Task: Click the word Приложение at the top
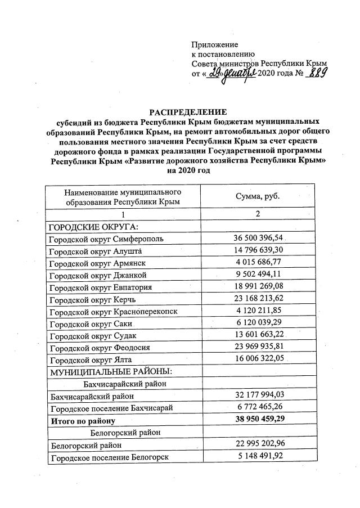tap(215, 44)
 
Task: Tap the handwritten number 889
tap(317, 75)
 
